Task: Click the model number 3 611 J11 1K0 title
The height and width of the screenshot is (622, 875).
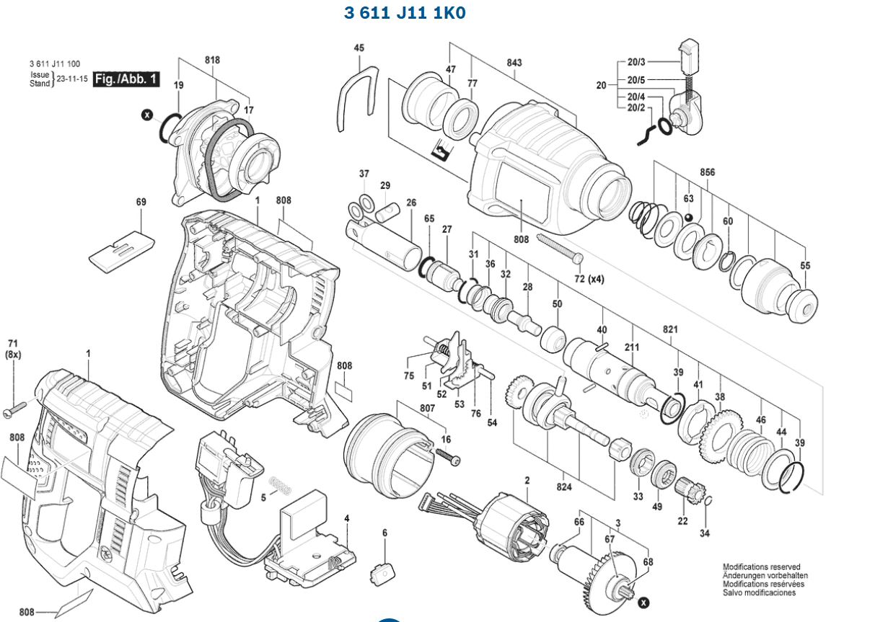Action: [405, 13]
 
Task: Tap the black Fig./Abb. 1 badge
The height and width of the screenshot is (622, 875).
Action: [126, 79]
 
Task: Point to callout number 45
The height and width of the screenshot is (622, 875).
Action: [359, 48]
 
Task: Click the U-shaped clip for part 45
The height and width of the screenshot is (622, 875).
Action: [357, 97]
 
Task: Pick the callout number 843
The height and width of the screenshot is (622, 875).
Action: [514, 63]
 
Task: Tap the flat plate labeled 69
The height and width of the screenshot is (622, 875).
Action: [118, 251]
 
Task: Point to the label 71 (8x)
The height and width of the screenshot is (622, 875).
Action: [13, 349]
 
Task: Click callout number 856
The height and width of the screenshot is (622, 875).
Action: [707, 173]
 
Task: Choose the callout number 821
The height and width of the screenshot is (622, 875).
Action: [670, 329]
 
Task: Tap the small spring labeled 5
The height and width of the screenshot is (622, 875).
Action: [280, 485]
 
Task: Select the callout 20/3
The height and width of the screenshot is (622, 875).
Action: [636, 63]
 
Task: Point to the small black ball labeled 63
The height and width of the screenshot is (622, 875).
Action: [690, 218]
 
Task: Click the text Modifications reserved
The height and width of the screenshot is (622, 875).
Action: [761, 567]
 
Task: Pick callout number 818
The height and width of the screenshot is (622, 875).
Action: [212, 61]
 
